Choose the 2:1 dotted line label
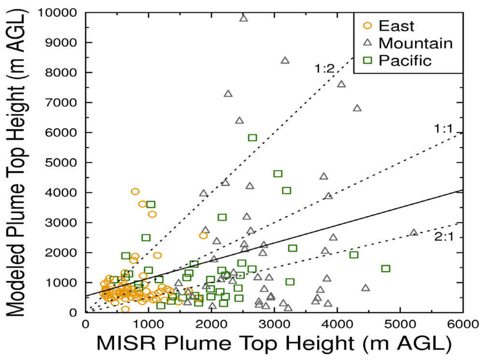coord(440,236)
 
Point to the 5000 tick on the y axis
coord(68,163)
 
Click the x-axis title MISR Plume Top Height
coord(274,345)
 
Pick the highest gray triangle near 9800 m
coord(243,18)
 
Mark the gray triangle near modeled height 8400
coord(285,60)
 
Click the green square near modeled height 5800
coord(252,138)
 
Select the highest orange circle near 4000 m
coord(135,192)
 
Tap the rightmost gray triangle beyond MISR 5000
coord(413,232)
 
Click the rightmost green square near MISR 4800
coord(385,268)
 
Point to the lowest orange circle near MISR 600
coord(125,309)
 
